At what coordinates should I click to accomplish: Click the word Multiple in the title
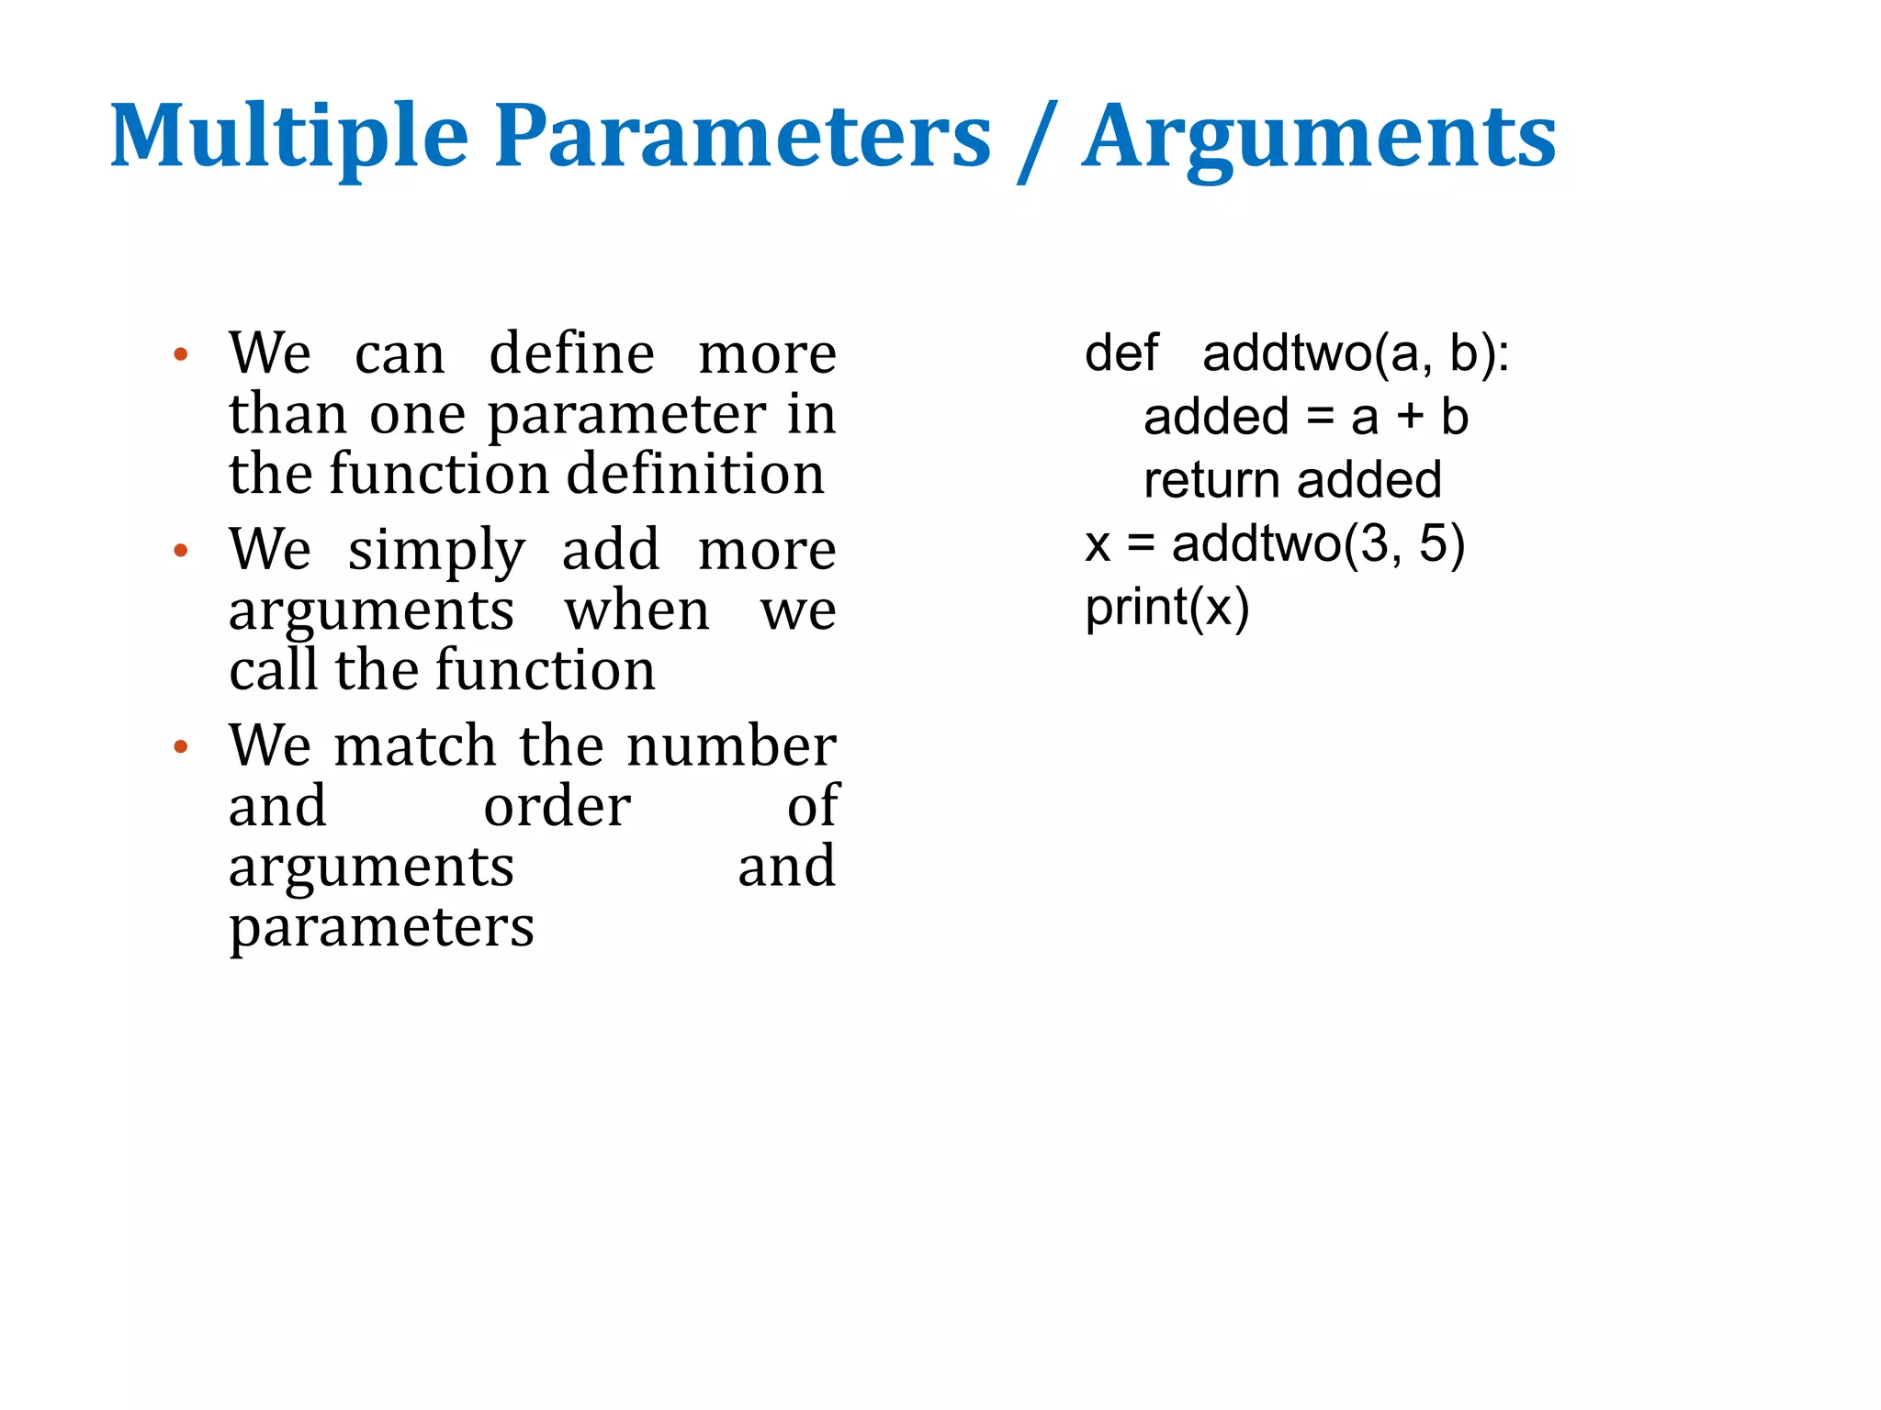click(x=289, y=138)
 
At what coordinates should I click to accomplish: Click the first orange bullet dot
click(x=181, y=355)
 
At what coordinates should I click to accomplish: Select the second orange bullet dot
click(x=181, y=551)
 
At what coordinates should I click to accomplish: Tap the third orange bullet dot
click(x=181, y=746)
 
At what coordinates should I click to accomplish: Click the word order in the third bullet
click(x=557, y=806)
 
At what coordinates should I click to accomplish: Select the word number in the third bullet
click(x=732, y=745)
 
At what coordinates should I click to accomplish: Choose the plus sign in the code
click(x=1410, y=418)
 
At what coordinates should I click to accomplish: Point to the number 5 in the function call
click(x=1434, y=543)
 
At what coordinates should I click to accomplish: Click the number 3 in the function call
click(x=1374, y=543)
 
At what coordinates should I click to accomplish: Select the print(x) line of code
click(x=1166, y=608)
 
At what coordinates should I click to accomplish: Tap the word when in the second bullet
click(x=636, y=611)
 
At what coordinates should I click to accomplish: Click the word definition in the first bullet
click(x=695, y=475)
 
